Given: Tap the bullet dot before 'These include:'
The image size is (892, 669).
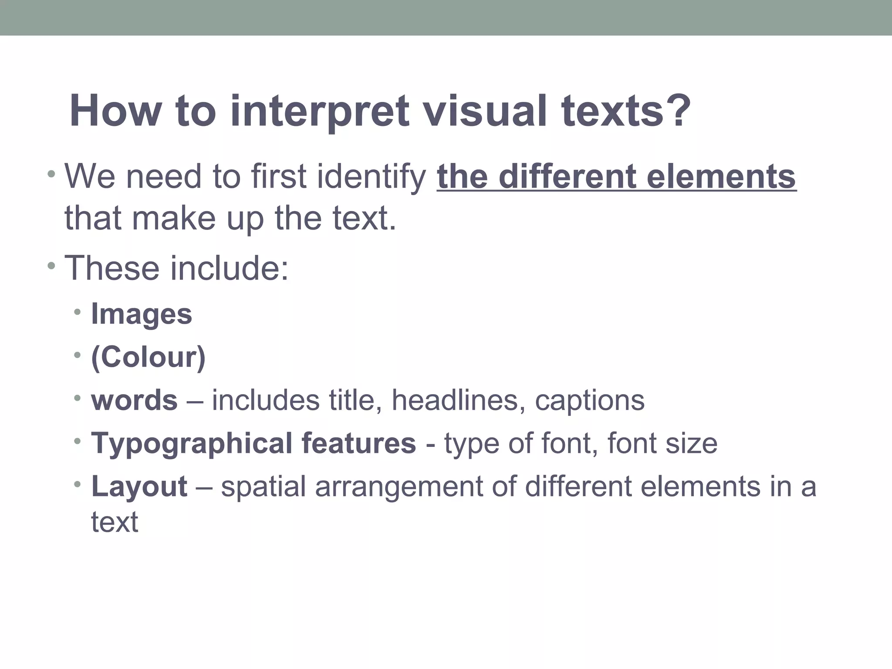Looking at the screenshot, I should click(52, 266).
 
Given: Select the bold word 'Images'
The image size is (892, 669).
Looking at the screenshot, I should click(141, 314).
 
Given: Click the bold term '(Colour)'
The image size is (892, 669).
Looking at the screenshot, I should click(148, 357).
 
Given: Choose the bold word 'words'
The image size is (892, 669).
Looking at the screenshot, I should click(134, 400).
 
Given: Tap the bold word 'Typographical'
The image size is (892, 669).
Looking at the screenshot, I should click(192, 444).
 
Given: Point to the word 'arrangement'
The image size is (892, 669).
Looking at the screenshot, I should click(399, 487).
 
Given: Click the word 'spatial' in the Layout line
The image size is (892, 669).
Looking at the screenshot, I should click(263, 487).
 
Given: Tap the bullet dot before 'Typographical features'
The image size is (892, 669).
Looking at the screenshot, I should click(78, 442).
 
